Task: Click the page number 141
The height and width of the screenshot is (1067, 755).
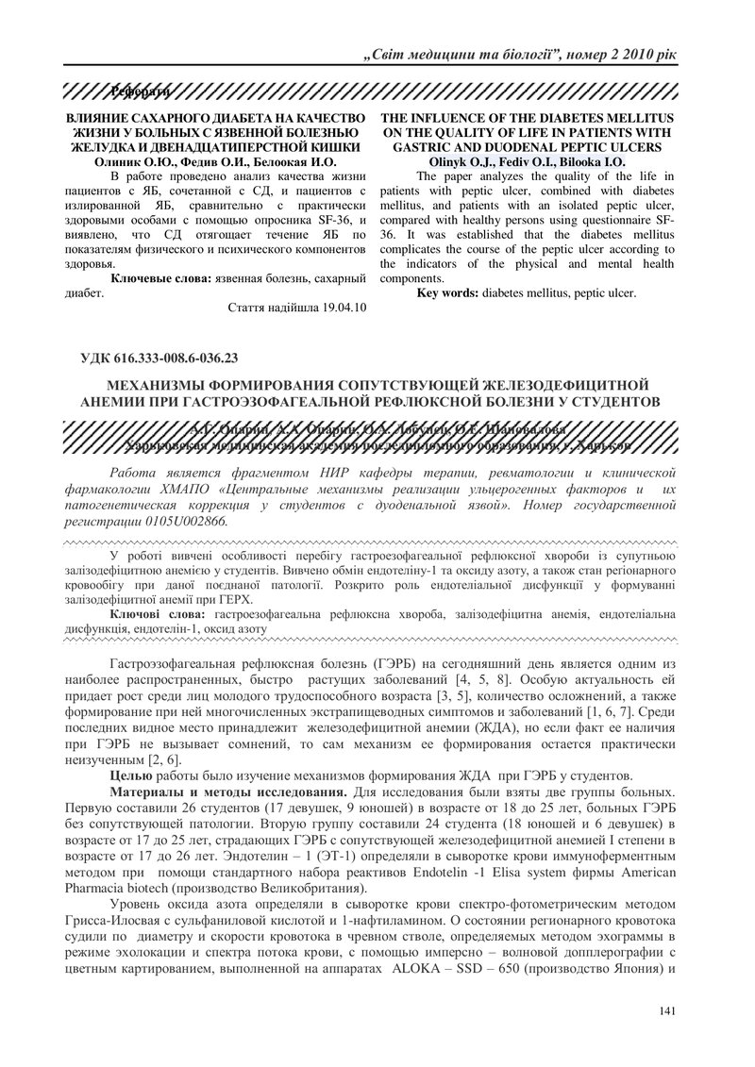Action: pos(666,1011)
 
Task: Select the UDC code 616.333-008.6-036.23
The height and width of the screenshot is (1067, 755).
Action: pos(176,357)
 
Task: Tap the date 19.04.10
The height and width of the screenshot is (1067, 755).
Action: pos(336,308)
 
